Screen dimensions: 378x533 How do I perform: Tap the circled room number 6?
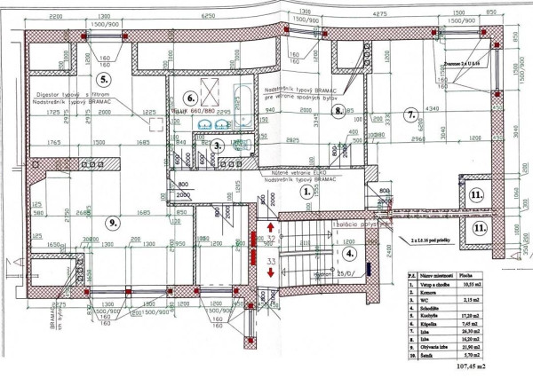point(189,98)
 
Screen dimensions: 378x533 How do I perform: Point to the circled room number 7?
point(410,114)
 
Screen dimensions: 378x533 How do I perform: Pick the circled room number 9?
point(111,223)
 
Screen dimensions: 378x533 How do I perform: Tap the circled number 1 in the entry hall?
point(305,190)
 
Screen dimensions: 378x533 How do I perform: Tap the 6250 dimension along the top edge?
point(209,16)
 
